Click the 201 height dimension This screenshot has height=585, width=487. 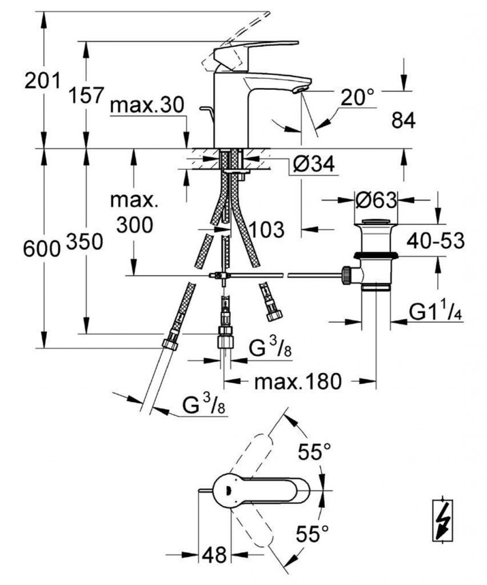click(x=42, y=82)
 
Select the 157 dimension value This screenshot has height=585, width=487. click(x=86, y=95)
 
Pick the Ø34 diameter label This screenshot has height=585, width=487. click(x=313, y=166)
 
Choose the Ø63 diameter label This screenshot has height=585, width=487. click(x=375, y=201)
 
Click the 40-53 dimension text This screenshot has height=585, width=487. click(x=435, y=241)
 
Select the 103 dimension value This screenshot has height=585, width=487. click(x=266, y=230)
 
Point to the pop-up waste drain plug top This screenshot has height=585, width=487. click(x=375, y=221)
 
